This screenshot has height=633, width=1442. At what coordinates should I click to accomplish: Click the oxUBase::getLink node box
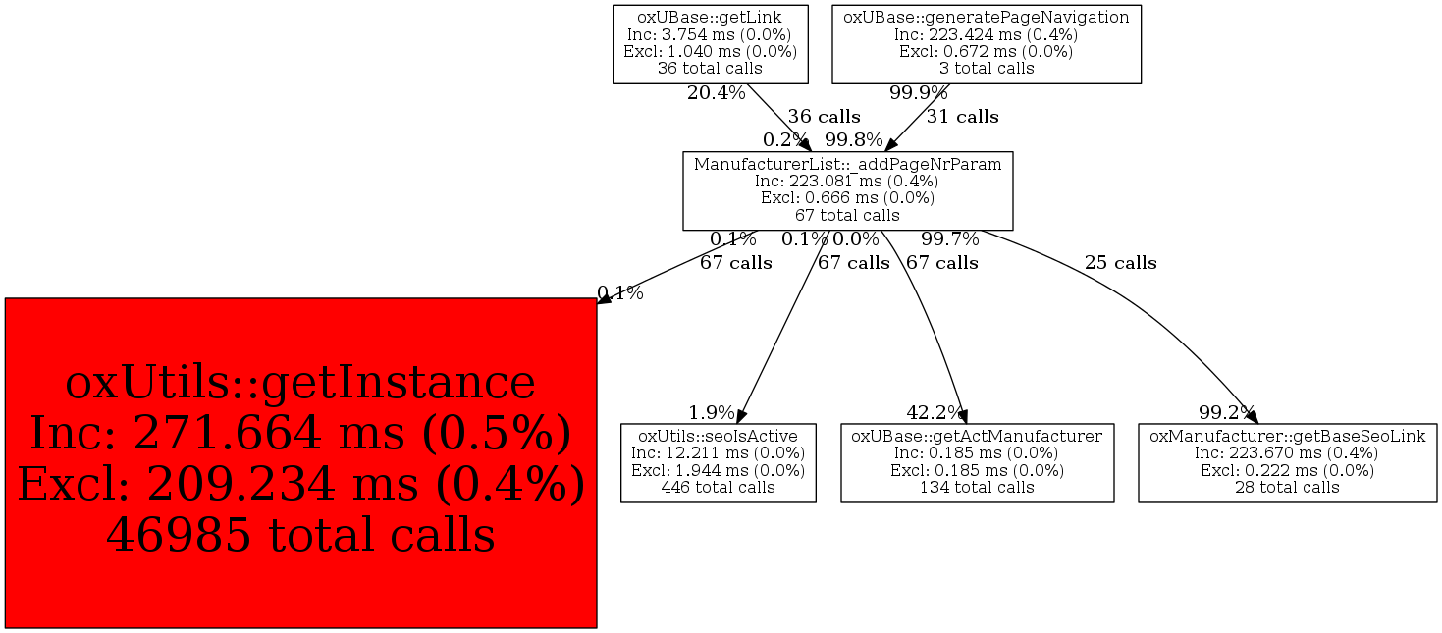tap(710, 43)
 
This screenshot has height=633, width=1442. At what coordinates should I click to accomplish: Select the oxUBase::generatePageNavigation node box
tap(986, 43)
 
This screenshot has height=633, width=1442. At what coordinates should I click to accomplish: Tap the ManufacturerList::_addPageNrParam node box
tap(847, 190)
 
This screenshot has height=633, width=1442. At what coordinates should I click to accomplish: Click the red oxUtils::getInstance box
tap(300, 462)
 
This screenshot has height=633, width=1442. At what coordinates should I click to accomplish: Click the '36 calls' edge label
tap(824, 117)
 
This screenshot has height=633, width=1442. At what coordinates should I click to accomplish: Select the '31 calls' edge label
tap(962, 117)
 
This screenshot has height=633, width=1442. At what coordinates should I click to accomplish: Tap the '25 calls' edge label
tap(1120, 263)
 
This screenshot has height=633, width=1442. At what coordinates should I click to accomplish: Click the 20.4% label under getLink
tap(716, 94)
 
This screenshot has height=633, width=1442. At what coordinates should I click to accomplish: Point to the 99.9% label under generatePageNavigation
tap(919, 94)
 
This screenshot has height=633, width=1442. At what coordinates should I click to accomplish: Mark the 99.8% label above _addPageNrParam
tap(853, 140)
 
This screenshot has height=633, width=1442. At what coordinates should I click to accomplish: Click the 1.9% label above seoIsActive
tap(712, 412)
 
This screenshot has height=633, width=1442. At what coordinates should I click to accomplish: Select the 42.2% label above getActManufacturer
tap(935, 412)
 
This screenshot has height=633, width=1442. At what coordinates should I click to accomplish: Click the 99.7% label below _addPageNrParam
tap(950, 239)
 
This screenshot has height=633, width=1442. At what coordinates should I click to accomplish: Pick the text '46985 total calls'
tap(300, 536)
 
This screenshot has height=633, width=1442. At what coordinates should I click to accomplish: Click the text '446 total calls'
tap(718, 487)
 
